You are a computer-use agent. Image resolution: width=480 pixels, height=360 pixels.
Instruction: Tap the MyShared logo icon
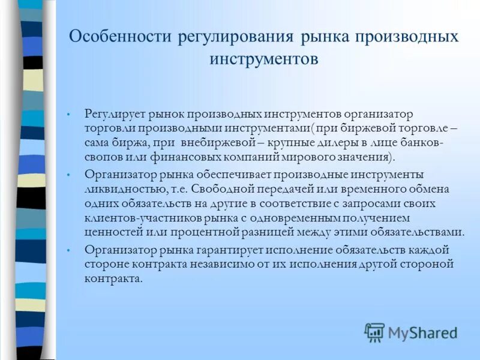[374, 332]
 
